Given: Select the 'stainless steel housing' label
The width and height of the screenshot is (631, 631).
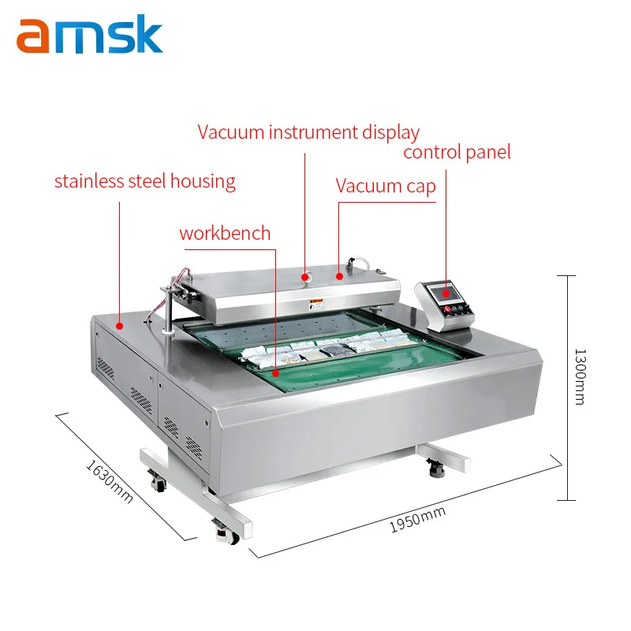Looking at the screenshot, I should tap(144, 181).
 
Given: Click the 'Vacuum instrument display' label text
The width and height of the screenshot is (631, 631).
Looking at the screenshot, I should tap(308, 132).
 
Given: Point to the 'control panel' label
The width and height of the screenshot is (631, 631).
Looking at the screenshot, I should tap(457, 151).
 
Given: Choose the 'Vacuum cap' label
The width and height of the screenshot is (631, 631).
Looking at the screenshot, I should tap(386, 186).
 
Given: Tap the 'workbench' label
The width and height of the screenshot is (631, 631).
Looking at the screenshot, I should tap(225, 233).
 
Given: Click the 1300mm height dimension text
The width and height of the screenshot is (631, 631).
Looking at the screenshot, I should tap(580, 376).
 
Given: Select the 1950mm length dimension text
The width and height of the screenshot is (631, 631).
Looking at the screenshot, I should tap(418, 519).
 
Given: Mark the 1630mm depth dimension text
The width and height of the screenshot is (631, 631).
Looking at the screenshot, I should tap(109, 481).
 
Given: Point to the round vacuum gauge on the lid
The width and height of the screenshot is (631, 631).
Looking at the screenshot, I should tap(304, 276).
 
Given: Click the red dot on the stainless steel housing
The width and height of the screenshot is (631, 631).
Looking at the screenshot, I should tap(120, 324).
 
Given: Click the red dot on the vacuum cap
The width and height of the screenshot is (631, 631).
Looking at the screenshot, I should tap(339, 276).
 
